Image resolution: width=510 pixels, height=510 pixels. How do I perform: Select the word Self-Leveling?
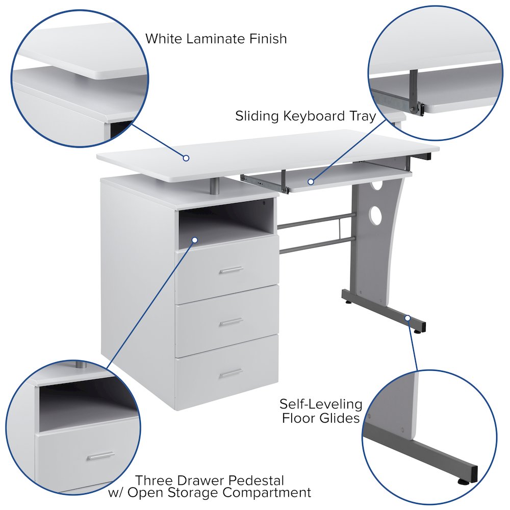click(321, 405)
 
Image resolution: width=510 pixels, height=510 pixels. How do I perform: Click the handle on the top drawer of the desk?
click(231, 270)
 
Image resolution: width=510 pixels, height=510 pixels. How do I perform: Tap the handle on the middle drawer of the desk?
click(231, 322)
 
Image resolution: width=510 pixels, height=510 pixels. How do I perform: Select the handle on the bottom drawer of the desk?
click(231, 373)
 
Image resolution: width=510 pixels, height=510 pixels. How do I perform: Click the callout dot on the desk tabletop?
click(187, 158)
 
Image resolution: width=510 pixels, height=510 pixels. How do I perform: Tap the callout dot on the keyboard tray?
click(310, 181)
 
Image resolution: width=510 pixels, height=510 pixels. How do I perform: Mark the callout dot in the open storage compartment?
click(194, 239)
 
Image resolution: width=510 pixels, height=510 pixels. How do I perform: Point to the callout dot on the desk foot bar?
click(407, 318)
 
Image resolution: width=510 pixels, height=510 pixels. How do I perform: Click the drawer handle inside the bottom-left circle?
click(100, 455)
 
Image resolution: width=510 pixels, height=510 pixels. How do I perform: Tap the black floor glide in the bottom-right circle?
click(465, 480)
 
